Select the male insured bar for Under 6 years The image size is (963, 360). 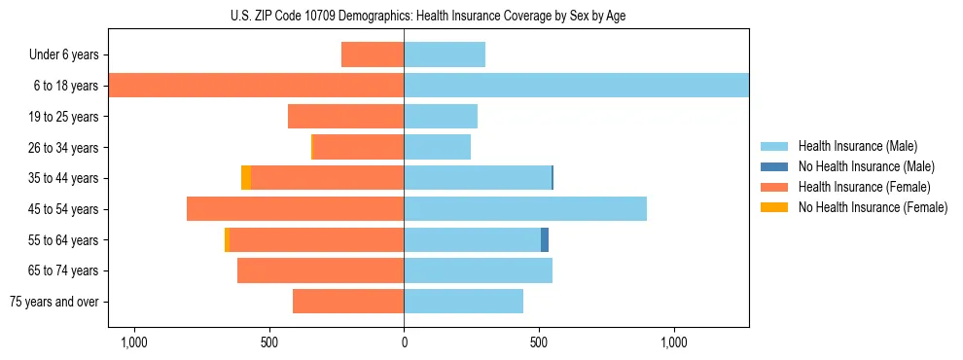click(x=445, y=54)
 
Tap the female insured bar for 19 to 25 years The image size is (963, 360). click(x=345, y=117)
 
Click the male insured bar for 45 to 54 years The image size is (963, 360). click(x=525, y=209)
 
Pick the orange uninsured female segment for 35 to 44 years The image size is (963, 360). click(x=246, y=178)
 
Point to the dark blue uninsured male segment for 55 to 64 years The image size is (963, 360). click(x=545, y=240)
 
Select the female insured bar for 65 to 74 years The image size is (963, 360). click(x=320, y=270)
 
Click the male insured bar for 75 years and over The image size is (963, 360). click(x=463, y=302)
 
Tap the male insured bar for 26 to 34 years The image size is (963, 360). click(x=437, y=147)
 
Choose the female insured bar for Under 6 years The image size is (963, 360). click(x=373, y=54)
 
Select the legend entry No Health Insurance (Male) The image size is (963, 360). click(x=866, y=166)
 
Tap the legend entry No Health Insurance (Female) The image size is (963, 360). click(x=873, y=207)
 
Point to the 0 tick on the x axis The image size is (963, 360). click(x=404, y=342)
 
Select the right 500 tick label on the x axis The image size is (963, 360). click(x=539, y=342)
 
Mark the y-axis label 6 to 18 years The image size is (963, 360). click(x=65, y=86)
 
